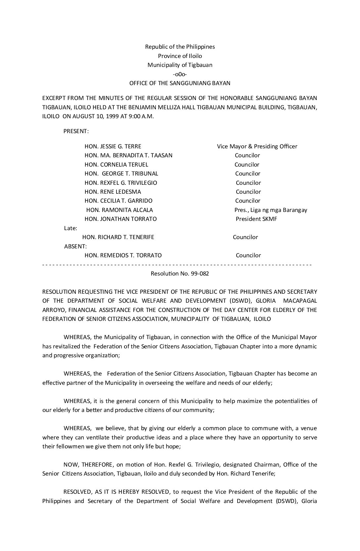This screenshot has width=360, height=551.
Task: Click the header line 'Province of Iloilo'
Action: [180, 56]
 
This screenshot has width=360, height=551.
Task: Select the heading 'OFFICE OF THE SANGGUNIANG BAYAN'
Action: [180, 83]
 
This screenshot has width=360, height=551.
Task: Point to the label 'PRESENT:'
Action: [76, 131]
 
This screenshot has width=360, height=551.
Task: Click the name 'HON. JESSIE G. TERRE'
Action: [113, 146]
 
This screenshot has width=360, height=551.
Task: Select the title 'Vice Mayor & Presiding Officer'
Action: [257, 146]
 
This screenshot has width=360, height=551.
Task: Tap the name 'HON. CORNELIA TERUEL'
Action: [116, 165]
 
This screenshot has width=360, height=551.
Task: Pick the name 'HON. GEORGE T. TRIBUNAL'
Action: [121, 174]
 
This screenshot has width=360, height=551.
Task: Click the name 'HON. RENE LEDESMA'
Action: [112, 192]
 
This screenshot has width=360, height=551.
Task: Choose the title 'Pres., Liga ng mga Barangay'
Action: [271, 210]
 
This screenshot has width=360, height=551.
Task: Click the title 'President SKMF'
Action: [256, 219]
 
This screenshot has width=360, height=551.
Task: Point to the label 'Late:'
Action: [70, 228]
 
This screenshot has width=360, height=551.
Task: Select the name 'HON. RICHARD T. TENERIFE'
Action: [118, 237]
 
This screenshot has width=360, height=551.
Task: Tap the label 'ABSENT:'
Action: [75, 246]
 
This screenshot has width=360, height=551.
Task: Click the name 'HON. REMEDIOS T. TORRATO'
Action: [123, 255]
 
